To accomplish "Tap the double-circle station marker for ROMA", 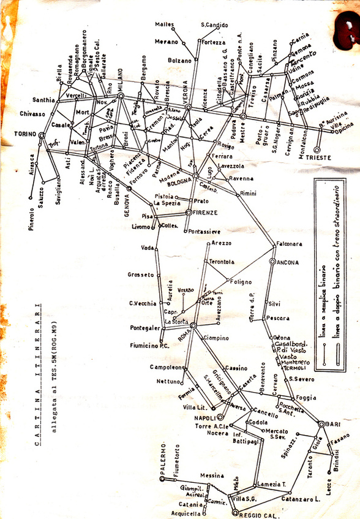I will click(193, 325).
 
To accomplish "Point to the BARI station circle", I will click(321, 424).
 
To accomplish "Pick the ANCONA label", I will click(287, 262).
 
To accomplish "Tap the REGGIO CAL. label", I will click(252, 512).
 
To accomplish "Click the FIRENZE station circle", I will click(189, 212).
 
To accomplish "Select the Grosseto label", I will click(141, 275).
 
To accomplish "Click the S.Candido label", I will click(214, 25).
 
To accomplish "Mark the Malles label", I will click(164, 25).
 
